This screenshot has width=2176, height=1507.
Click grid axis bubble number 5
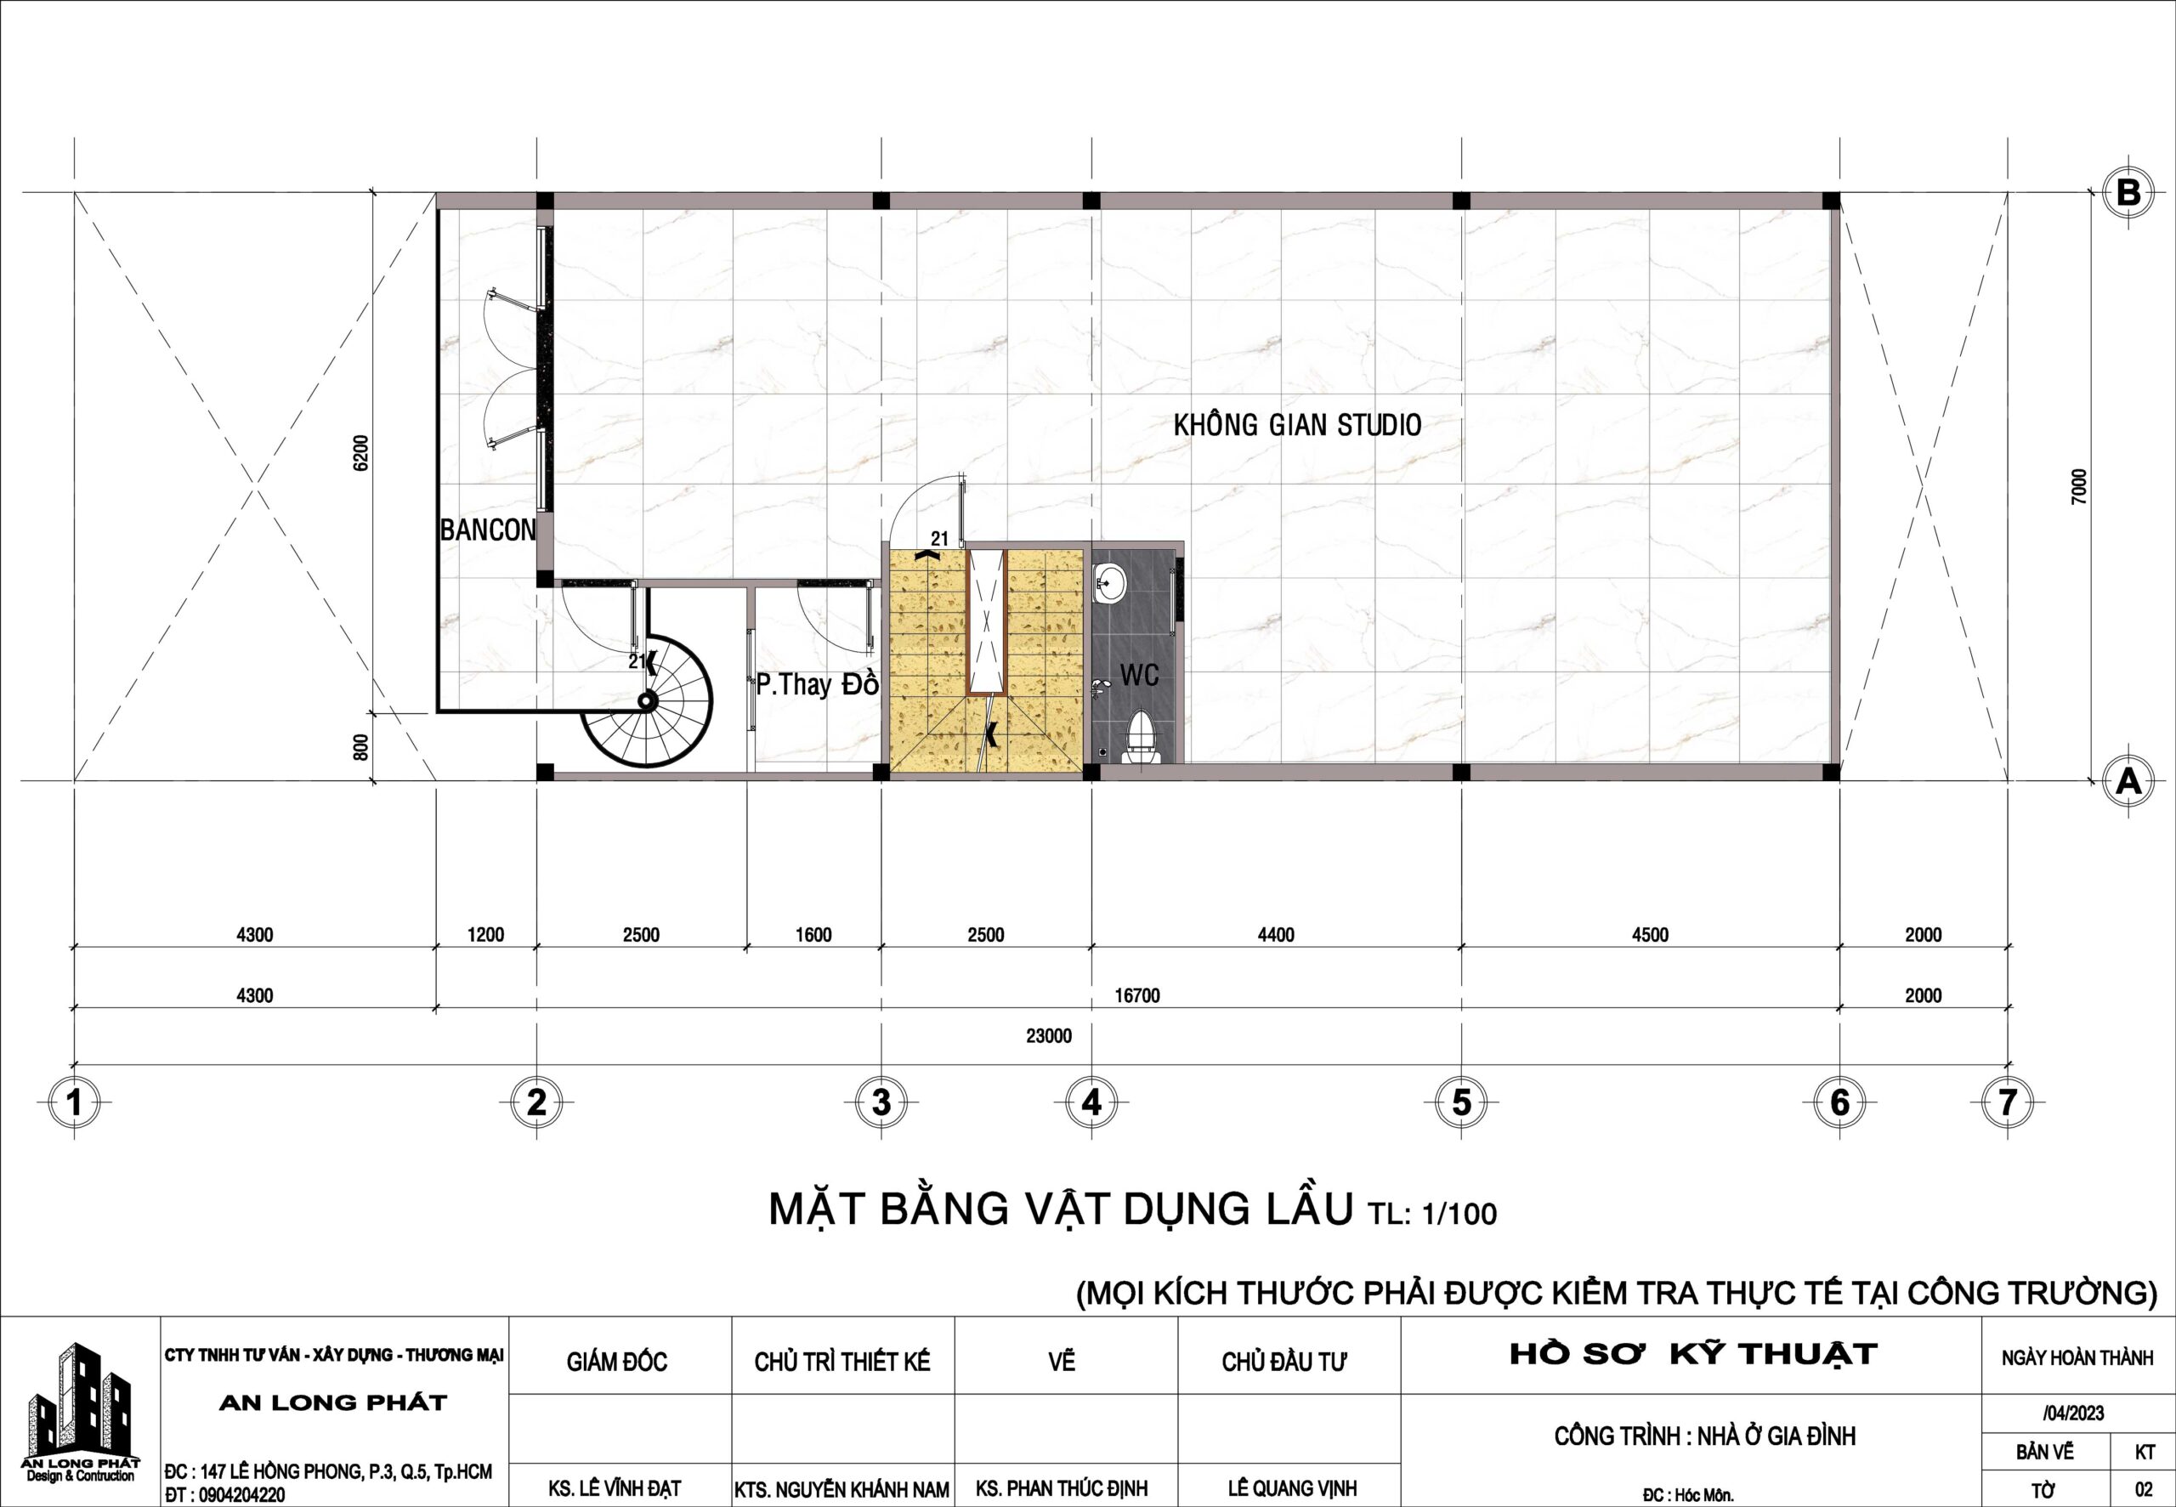[1461, 1102]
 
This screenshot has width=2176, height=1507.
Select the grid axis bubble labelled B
[2128, 193]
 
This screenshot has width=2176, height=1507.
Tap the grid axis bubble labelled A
[2128, 781]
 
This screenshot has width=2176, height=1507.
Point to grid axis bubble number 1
[75, 1102]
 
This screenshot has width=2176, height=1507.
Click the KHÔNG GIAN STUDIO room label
[1297, 425]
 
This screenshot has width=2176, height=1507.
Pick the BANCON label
[488, 530]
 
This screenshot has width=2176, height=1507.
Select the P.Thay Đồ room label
[818, 683]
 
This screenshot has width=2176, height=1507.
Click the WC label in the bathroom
[1140, 674]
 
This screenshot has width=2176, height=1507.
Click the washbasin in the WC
[1109, 584]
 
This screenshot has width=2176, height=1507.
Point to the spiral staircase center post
[647, 700]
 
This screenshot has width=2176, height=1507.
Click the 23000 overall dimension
[1049, 1036]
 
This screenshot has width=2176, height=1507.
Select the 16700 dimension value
[1136, 995]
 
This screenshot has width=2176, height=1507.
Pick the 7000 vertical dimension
[2079, 486]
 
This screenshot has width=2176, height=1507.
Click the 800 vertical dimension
[360, 747]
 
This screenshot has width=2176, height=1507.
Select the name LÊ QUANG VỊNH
[1291, 1488]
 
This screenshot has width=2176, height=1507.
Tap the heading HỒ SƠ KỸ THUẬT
[1693, 1354]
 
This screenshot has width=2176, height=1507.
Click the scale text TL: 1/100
[1432, 1214]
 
